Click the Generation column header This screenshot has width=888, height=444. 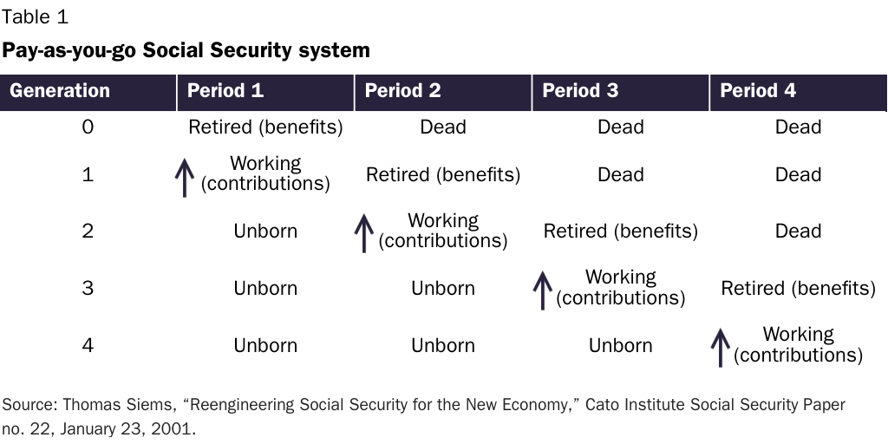[x=60, y=91]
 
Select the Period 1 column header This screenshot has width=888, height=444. [x=225, y=91]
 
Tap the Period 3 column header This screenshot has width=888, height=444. [x=580, y=91]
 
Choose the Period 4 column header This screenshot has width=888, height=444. [x=758, y=91]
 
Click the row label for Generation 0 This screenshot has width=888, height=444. [x=88, y=127]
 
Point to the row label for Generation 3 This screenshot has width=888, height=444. [x=88, y=288]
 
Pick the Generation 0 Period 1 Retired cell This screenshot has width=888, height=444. [x=265, y=127]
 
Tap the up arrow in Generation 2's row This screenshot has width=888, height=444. [x=364, y=232]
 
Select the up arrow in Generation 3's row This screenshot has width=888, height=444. [x=542, y=290]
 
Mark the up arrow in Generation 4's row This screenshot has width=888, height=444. [x=720, y=347]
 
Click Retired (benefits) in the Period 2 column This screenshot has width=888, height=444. [x=443, y=175]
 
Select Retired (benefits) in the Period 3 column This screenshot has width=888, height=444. [x=621, y=232]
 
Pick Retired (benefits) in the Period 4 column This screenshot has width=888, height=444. [x=798, y=289]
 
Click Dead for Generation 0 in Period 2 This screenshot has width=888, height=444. [x=443, y=127]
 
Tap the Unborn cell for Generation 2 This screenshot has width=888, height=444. [x=265, y=232]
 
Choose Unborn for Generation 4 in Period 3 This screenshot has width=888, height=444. [x=621, y=345]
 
